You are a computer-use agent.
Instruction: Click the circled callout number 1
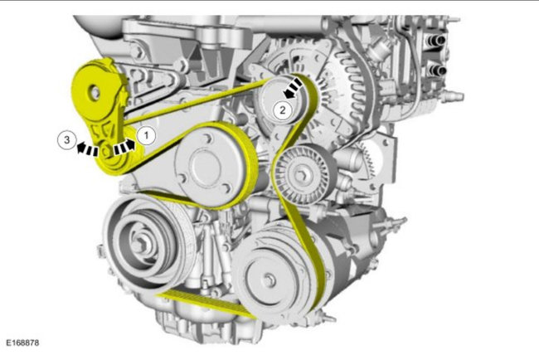(147, 136)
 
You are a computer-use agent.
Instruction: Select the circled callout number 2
(283, 110)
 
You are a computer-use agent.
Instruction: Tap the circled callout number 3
(66, 140)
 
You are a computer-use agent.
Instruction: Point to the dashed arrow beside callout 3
(87, 149)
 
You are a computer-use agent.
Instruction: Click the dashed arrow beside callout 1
(124, 147)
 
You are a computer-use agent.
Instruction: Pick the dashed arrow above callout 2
(294, 89)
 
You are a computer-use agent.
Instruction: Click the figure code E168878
(22, 343)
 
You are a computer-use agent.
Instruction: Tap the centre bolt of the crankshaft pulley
(140, 243)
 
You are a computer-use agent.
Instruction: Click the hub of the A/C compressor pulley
(269, 279)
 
